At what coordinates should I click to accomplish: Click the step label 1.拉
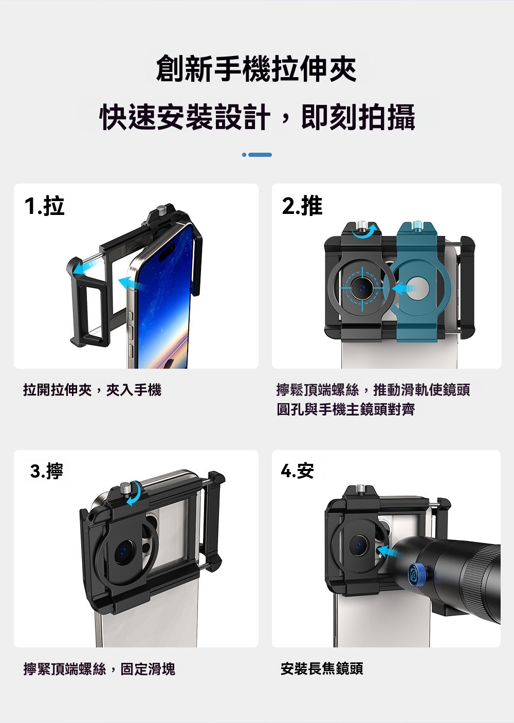[x=44, y=206]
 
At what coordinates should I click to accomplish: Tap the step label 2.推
[x=302, y=206]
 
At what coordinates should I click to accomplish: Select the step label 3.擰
[x=46, y=471]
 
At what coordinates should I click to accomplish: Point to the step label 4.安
[x=298, y=471]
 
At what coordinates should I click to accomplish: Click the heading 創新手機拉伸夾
[x=256, y=68]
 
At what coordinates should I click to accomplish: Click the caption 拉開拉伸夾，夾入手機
[x=93, y=390]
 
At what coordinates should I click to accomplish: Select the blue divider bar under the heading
[x=257, y=155]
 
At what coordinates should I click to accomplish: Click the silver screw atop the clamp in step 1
[x=160, y=210]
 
